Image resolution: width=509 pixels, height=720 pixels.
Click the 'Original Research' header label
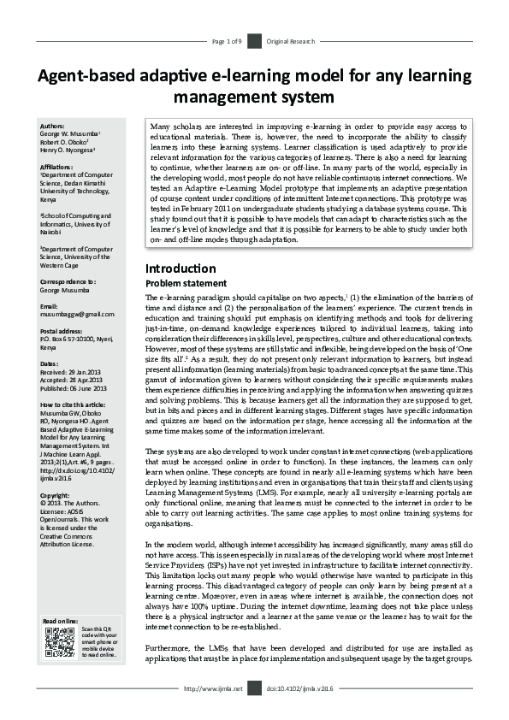pyautogui.click(x=291, y=41)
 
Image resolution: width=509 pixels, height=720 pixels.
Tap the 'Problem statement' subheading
pyautogui.click(x=186, y=283)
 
